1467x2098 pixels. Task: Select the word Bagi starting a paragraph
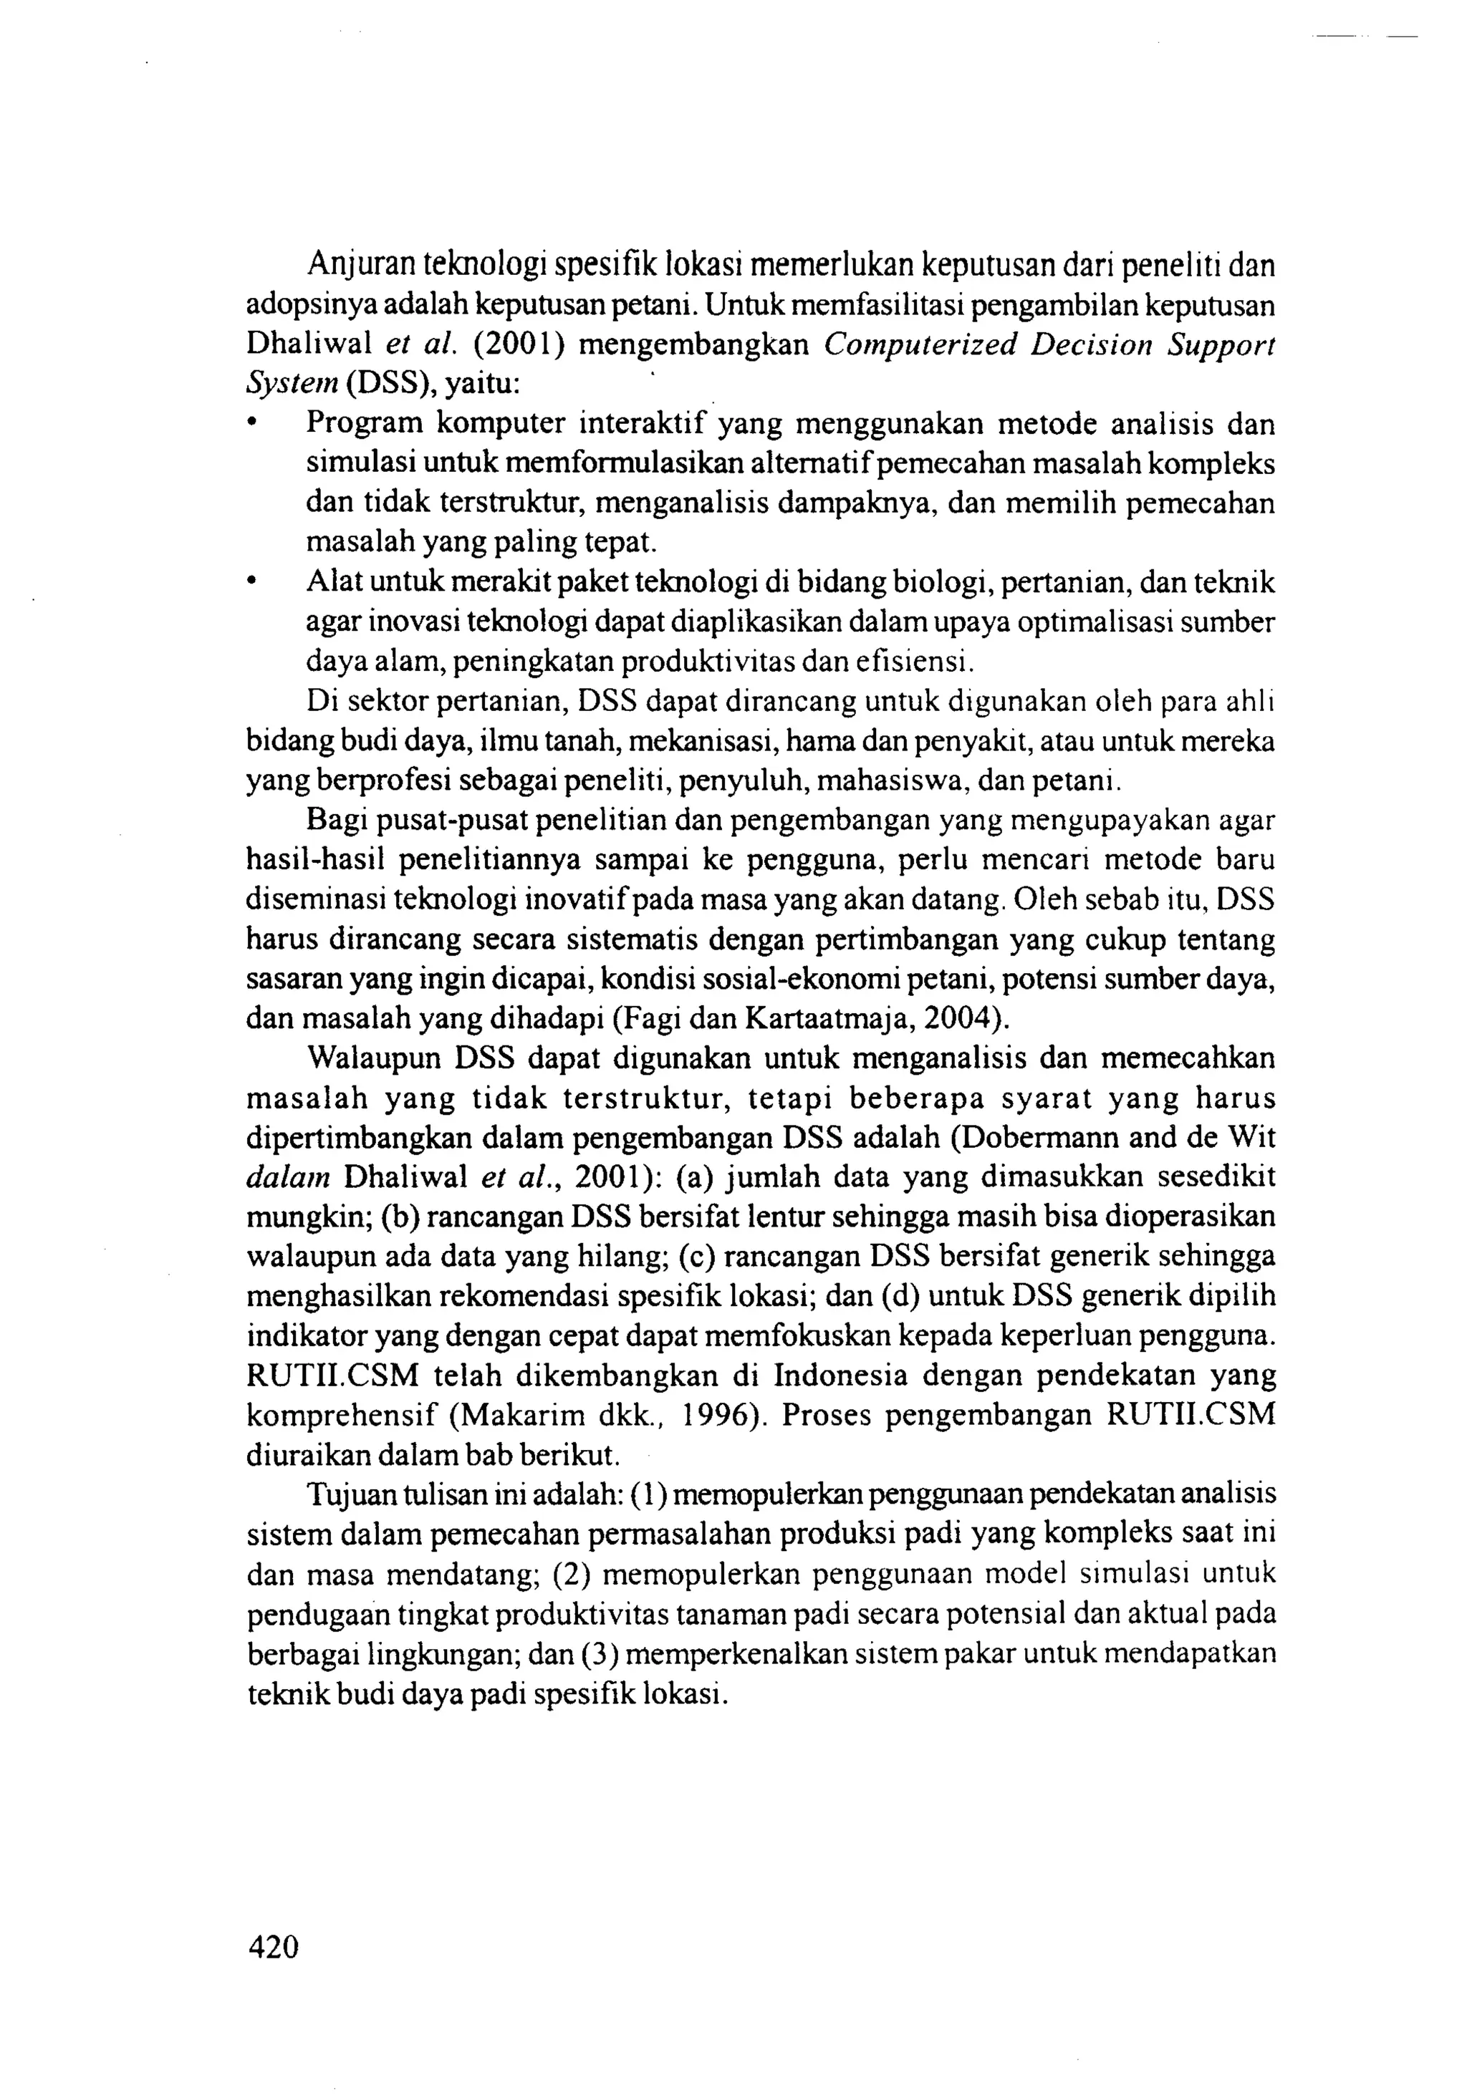point(337,821)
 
